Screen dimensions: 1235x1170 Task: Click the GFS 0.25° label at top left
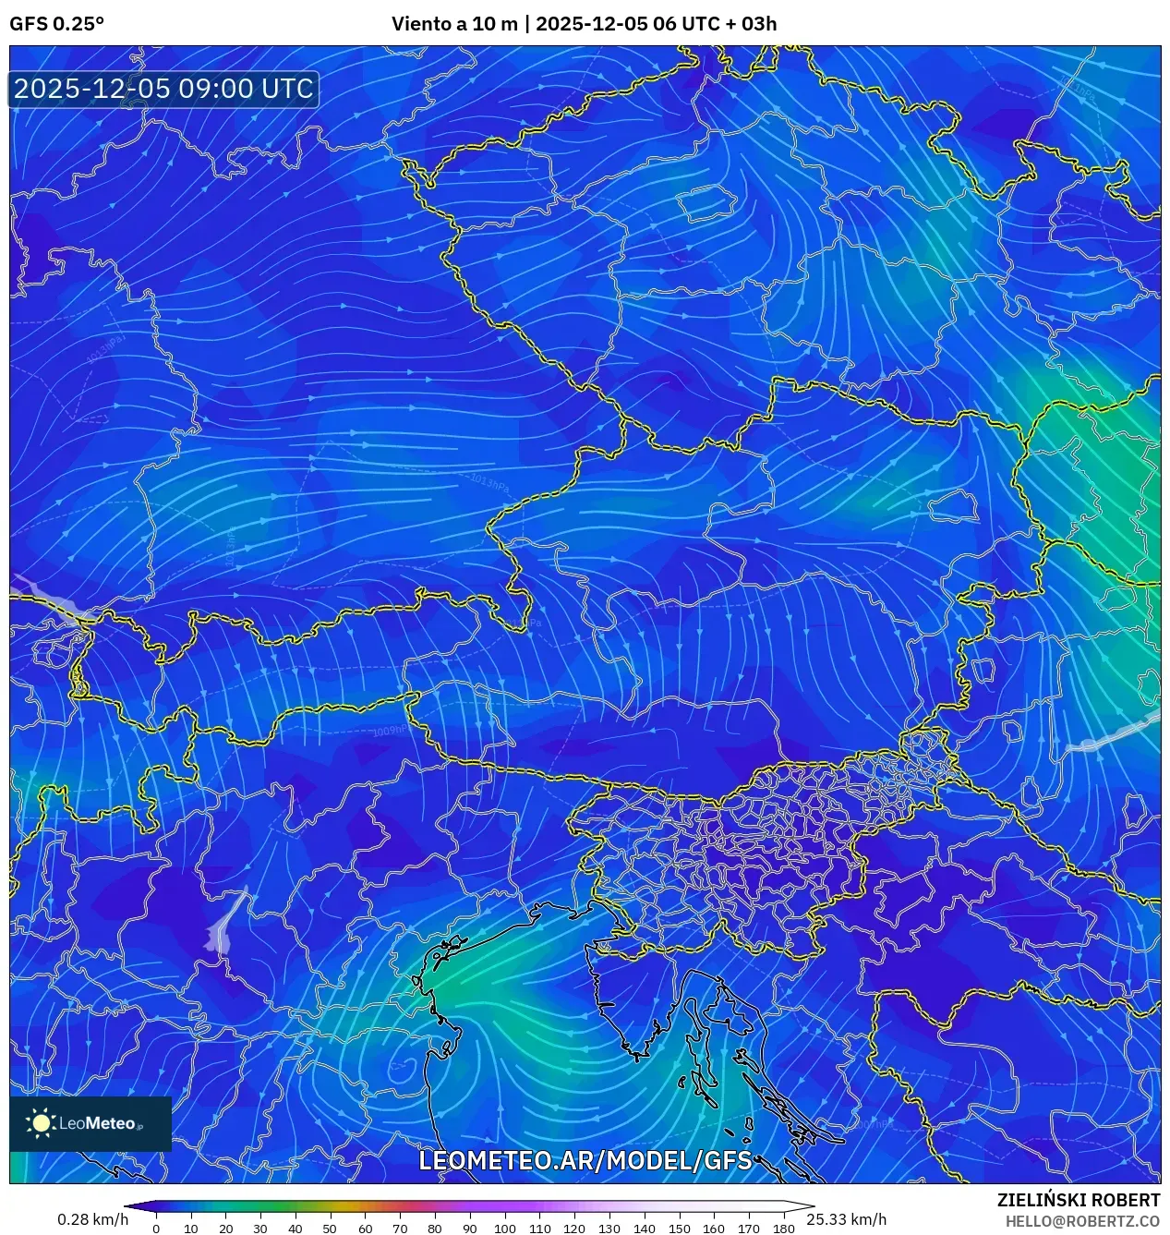click(56, 24)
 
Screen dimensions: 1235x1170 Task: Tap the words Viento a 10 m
click(454, 24)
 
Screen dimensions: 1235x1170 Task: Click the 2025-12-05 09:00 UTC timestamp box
click(163, 89)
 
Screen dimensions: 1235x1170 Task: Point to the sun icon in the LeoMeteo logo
click(41, 1122)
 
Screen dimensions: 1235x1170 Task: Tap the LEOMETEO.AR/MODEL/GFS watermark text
click(585, 1160)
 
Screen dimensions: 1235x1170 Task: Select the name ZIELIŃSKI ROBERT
click(1078, 1200)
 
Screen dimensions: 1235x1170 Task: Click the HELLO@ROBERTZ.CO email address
click(1082, 1221)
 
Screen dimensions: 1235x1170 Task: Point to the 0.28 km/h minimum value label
click(92, 1219)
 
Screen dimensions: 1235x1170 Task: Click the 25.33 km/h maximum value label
click(846, 1219)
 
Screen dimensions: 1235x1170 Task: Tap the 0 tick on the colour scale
click(155, 1229)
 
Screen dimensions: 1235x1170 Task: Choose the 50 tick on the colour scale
click(330, 1229)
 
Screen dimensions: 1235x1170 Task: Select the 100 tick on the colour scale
click(504, 1229)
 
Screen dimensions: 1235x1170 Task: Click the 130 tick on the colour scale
click(609, 1229)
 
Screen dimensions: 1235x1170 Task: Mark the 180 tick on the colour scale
click(784, 1229)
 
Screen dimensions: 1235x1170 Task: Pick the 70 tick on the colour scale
click(400, 1229)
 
